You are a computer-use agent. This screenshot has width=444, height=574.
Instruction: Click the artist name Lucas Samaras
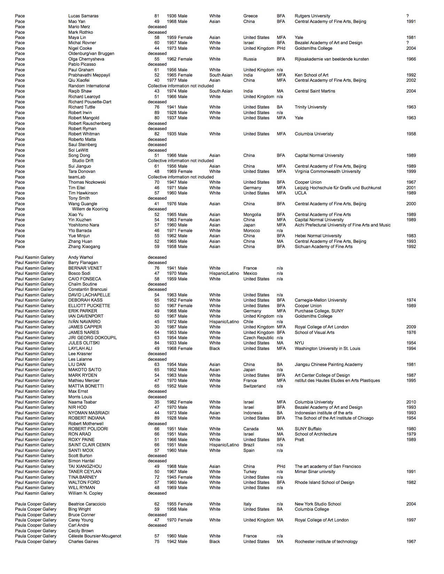pyautogui.click(x=83, y=16)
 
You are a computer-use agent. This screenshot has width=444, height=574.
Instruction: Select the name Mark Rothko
pyautogui.click(x=80, y=32)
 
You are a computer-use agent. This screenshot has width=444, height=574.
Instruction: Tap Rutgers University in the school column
pyautogui.click(x=312, y=16)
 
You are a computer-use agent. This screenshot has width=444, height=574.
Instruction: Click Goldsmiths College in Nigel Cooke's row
pyautogui.click(x=313, y=48)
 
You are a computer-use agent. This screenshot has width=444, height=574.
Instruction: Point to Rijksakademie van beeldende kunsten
pyautogui.click(x=332, y=59)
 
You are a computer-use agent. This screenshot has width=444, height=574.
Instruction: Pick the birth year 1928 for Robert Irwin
pyautogui.click(x=171, y=113)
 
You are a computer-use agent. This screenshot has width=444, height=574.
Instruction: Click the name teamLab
pyautogui.click(x=77, y=177)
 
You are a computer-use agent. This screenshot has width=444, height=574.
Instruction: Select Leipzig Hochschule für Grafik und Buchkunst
pyautogui.click(x=338, y=188)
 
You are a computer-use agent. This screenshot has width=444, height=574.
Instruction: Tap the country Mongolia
pyautogui.click(x=252, y=215)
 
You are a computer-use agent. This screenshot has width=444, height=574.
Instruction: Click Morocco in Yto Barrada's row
pyautogui.click(x=251, y=231)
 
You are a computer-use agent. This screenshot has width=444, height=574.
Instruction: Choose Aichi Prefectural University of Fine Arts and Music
pyautogui.click(x=343, y=225)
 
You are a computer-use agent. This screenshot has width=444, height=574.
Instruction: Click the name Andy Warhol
pyautogui.click(x=80, y=257)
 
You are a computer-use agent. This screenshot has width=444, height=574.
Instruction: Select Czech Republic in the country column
pyautogui.click(x=258, y=338)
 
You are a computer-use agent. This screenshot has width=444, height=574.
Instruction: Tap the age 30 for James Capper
pyautogui.click(x=157, y=327)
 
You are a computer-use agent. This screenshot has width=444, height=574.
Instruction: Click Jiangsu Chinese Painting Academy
pyautogui.click(x=329, y=365)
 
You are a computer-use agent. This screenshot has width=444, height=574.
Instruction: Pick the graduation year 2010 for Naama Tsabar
pyautogui.click(x=411, y=402)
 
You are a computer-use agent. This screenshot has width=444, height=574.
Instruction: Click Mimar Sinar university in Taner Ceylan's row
pyautogui.click(x=315, y=472)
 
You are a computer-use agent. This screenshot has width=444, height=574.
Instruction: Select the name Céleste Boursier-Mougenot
pyautogui.click(x=95, y=536)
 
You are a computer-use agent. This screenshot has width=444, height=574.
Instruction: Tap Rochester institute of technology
pyautogui.click(x=326, y=542)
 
